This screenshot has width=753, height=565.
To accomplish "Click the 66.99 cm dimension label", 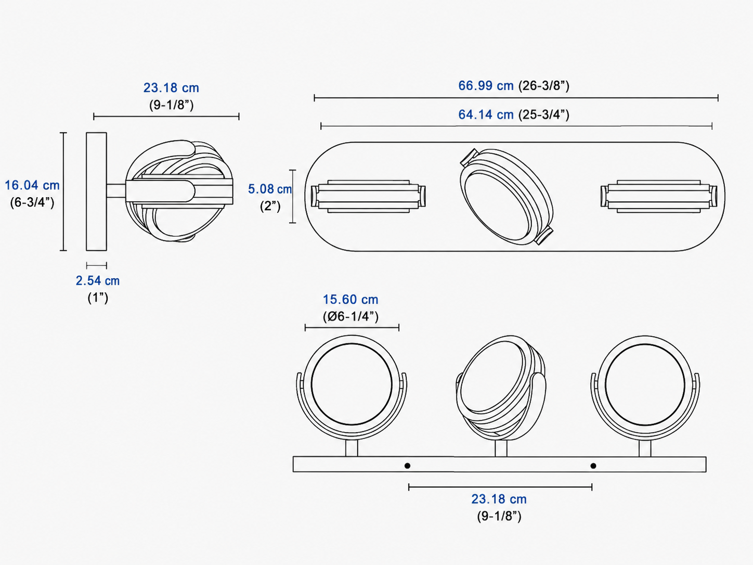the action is tap(486, 85).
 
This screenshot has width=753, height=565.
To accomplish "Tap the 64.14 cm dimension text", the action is tap(486, 114).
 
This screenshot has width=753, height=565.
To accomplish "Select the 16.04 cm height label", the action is tap(32, 185).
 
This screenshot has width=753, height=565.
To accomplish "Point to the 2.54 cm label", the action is tap(98, 281).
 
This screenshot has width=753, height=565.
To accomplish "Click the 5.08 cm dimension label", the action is tap(270, 189).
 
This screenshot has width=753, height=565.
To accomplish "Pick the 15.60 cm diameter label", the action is tap(350, 300).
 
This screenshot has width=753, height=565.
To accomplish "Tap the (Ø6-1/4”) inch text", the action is tap(350, 316).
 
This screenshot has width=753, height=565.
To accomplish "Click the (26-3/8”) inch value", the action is tap(544, 86).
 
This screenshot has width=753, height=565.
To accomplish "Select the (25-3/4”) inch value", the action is tap(544, 114).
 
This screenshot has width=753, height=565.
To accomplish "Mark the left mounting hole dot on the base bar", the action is tap(407, 466).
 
